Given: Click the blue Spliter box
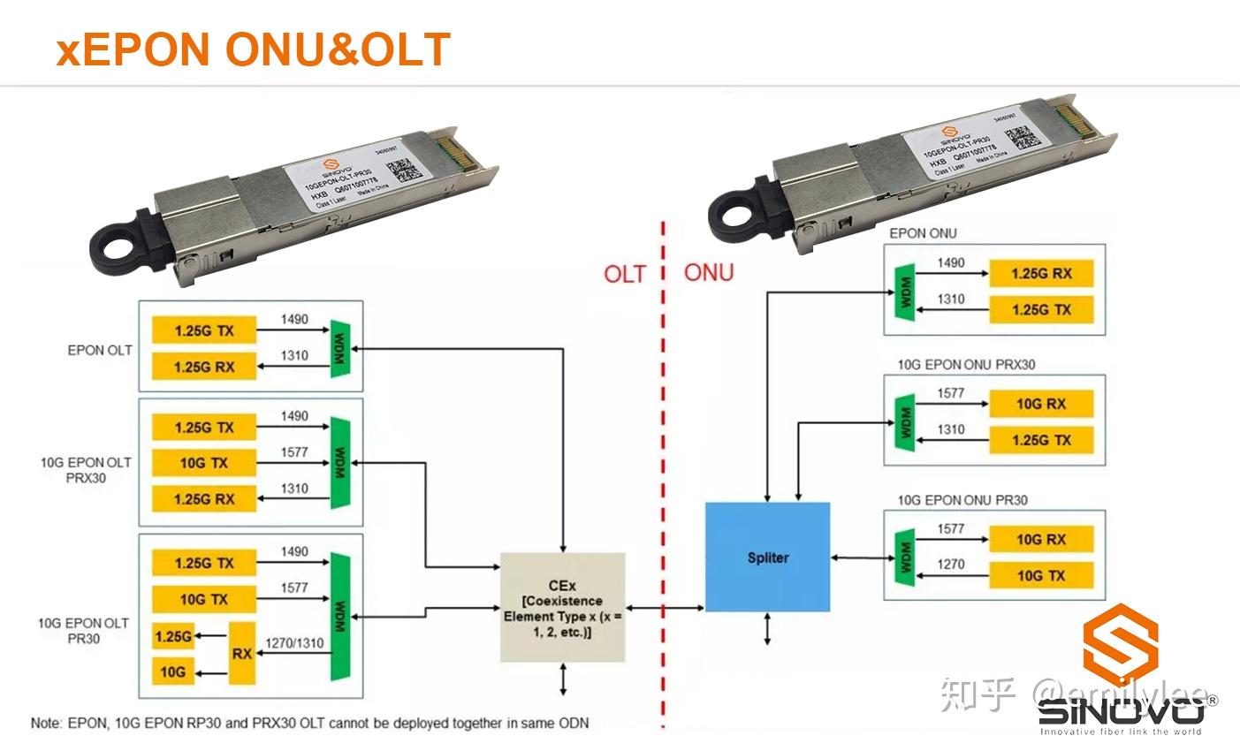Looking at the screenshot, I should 767,557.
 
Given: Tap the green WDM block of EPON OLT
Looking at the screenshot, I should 340,349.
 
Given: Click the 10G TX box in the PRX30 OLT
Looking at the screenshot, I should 204,462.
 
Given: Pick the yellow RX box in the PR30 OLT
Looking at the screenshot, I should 242,654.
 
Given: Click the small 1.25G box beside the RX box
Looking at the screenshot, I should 172,635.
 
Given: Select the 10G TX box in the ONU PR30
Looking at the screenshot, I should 1041,575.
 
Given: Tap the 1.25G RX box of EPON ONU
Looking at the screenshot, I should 1041,273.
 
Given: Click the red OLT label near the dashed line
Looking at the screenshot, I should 625,274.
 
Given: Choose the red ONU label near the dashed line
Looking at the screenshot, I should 709,272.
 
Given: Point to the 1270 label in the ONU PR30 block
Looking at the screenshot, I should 951,564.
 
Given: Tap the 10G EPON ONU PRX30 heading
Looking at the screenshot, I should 966,364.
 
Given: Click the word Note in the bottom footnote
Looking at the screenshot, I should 47,723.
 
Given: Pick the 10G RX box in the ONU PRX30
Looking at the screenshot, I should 1041,404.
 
